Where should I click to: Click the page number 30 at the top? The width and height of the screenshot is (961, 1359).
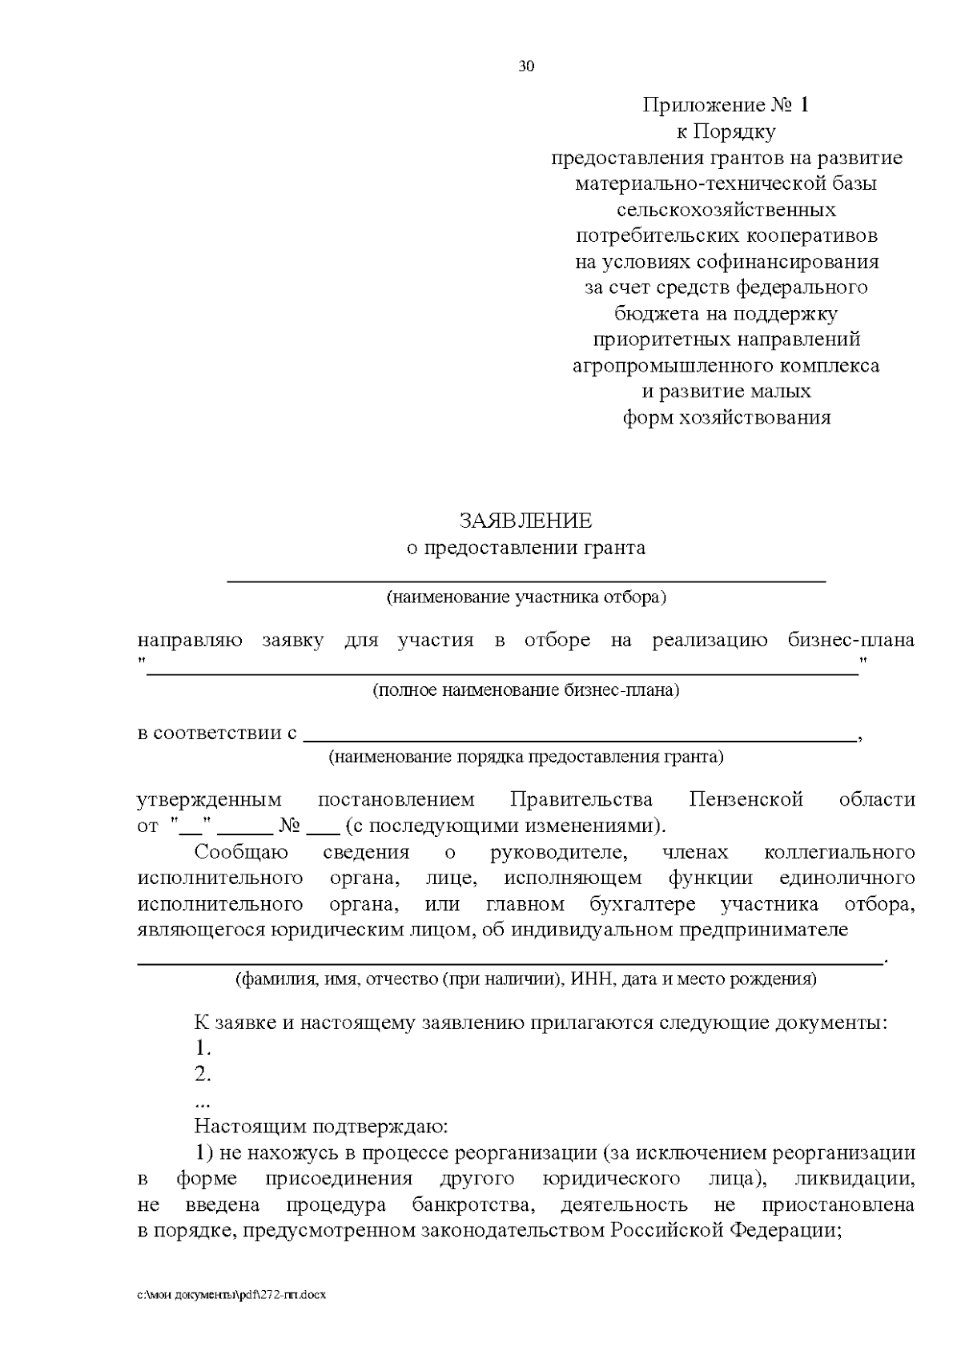pos(526,66)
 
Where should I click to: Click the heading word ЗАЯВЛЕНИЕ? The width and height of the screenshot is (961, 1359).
pos(525,521)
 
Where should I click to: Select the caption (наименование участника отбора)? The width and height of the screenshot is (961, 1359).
pos(526,597)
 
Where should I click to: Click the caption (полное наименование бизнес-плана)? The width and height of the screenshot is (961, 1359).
pos(525,690)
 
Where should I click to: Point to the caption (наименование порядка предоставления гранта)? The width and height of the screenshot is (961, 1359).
pos(526,757)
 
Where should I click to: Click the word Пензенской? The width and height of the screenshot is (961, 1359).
pos(746,800)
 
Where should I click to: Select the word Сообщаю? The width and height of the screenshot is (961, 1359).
pos(241,852)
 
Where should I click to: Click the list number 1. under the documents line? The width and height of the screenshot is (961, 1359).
pos(203,1048)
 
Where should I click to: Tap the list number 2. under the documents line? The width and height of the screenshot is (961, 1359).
pos(203,1074)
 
